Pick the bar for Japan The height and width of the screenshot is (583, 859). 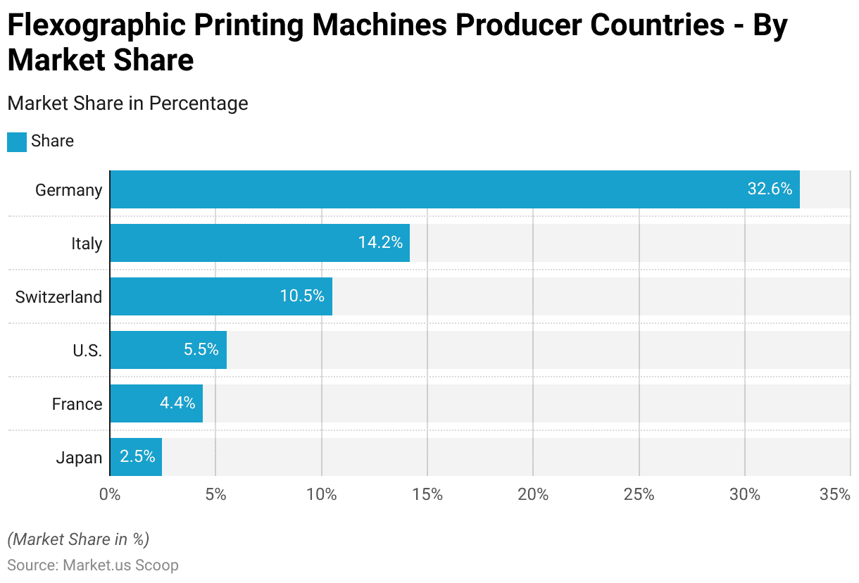136,457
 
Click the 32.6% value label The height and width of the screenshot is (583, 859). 770,189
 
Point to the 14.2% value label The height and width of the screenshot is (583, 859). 380,243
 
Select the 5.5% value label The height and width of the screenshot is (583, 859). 201,350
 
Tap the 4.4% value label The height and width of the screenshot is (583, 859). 177,403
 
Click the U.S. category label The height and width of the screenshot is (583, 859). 87,351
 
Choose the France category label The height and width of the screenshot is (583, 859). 77,404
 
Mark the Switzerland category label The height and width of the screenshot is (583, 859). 58,297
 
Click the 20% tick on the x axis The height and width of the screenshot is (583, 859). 533,494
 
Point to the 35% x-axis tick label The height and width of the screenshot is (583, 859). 835,494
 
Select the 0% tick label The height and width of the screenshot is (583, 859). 110,494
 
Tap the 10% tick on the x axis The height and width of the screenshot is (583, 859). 322,494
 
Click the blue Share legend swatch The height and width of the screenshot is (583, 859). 17,142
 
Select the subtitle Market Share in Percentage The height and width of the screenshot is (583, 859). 127,104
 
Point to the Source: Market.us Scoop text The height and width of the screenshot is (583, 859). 93,565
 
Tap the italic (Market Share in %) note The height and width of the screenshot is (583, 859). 78,539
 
